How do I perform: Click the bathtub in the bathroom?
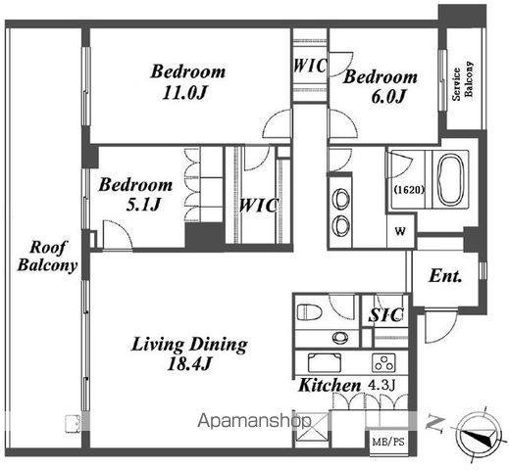[451, 179]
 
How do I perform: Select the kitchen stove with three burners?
[383, 363]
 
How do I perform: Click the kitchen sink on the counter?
[325, 363]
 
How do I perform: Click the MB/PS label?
[388, 442]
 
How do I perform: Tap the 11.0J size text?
[185, 93]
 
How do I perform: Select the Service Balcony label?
[462, 80]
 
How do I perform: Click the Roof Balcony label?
[47, 256]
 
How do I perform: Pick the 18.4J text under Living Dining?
[189, 364]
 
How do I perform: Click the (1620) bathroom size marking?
[409, 190]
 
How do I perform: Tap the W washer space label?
[400, 231]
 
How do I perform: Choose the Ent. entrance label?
[445, 276]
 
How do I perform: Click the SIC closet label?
[385, 314]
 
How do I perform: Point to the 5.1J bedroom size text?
[143, 205]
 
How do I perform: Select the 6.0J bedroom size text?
[388, 97]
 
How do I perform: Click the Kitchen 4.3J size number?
[382, 385]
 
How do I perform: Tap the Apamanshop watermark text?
[254, 421]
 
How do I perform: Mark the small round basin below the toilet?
[340, 338]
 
